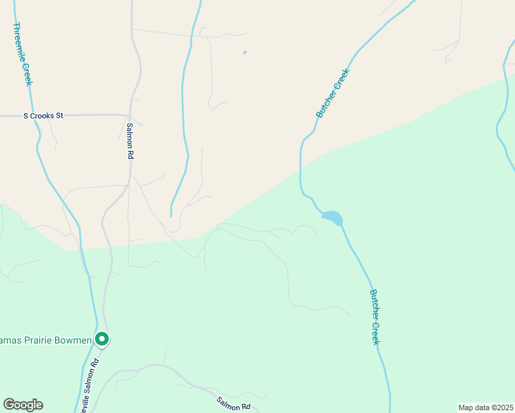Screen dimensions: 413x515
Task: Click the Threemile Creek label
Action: pos(22,54)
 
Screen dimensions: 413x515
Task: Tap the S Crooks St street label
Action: pos(43,116)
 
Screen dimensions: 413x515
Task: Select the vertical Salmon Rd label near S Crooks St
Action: pos(129,140)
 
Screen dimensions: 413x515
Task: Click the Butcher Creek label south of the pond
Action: pos(375,317)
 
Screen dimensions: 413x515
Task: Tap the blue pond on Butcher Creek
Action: pos(333,218)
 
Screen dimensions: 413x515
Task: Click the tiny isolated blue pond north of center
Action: pos(244,52)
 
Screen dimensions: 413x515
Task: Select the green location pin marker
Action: pos(102,339)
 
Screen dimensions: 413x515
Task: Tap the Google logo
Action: pos(23,405)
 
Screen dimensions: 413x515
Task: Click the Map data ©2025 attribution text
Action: pos(485,407)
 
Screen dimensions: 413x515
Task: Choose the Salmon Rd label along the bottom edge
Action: pos(233,403)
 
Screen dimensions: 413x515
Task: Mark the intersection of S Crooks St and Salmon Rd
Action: pos(129,115)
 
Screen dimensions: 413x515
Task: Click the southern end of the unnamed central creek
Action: pos(171,215)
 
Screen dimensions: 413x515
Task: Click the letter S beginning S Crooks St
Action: pos(25,116)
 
